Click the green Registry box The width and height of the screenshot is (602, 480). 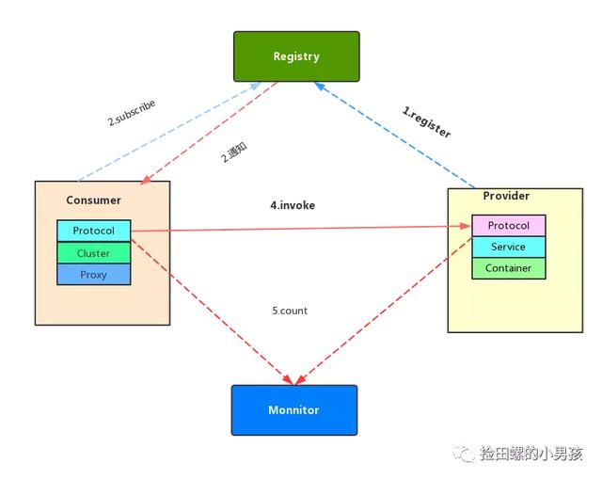[296, 56]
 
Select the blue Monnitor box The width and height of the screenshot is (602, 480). [293, 409]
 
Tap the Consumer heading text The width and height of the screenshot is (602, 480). [93, 200]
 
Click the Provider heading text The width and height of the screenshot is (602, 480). [506, 196]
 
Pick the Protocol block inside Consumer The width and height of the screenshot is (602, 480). [93, 231]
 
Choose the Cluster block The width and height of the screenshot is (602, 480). [93, 253]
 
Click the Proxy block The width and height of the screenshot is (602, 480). [93, 275]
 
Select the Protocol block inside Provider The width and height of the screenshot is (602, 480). [509, 226]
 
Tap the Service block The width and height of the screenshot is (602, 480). [509, 247]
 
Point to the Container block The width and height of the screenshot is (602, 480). [509, 268]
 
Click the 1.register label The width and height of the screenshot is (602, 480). [426, 123]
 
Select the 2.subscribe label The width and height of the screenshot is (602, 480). [131, 113]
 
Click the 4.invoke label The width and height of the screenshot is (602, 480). [292, 205]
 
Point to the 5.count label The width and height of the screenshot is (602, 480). [291, 311]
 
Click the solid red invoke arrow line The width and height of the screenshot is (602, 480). [301, 228]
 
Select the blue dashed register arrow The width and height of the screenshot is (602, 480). [395, 136]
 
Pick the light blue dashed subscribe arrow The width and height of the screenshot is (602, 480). [169, 133]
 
